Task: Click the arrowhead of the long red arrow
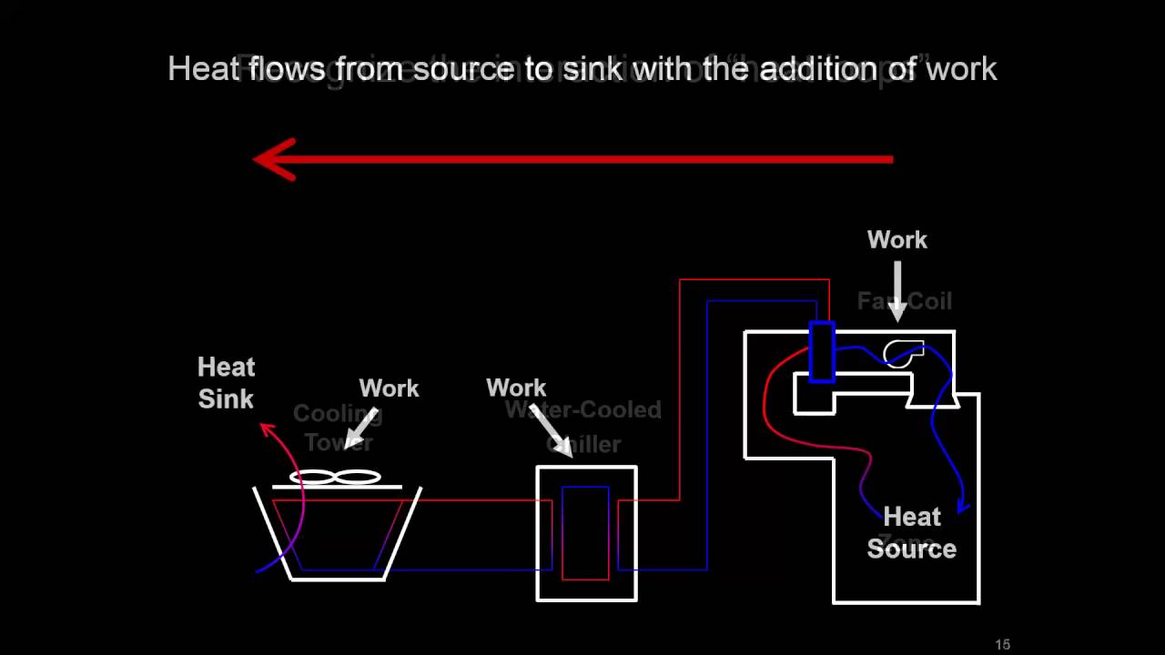point(273,159)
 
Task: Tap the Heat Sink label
point(226,383)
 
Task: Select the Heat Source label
point(911,533)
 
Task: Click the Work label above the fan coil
point(897,240)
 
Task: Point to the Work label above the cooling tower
point(389,388)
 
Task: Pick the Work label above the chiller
point(516,388)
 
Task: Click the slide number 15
point(1002,644)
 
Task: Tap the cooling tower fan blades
point(335,477)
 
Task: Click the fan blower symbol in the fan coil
point(904,353)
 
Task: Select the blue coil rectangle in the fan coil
point(821,352)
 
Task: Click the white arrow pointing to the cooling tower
point(361,426)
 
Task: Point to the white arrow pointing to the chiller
point(552,431)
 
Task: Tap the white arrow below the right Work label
point(897,291)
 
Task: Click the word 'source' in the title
point(463,69)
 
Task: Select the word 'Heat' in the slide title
point(204,69)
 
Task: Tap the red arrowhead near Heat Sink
point(267,428)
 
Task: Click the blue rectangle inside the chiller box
point(585,532)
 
